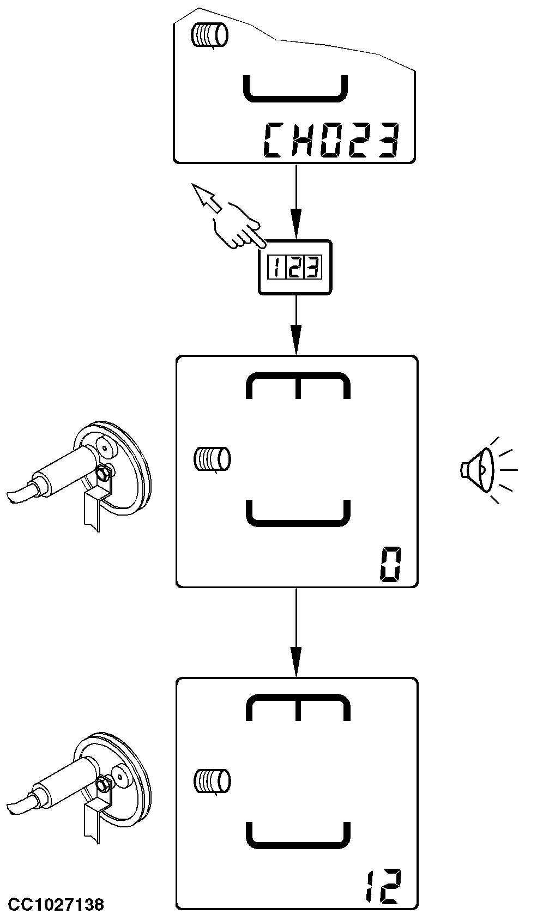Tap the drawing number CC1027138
click(56, 905)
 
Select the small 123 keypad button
click(295, 267)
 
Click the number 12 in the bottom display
click(383, 888)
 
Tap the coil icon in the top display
click(209, 36)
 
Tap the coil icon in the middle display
click(212, 458)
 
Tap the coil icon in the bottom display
click(212, 781)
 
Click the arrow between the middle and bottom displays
click(296, 632)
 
